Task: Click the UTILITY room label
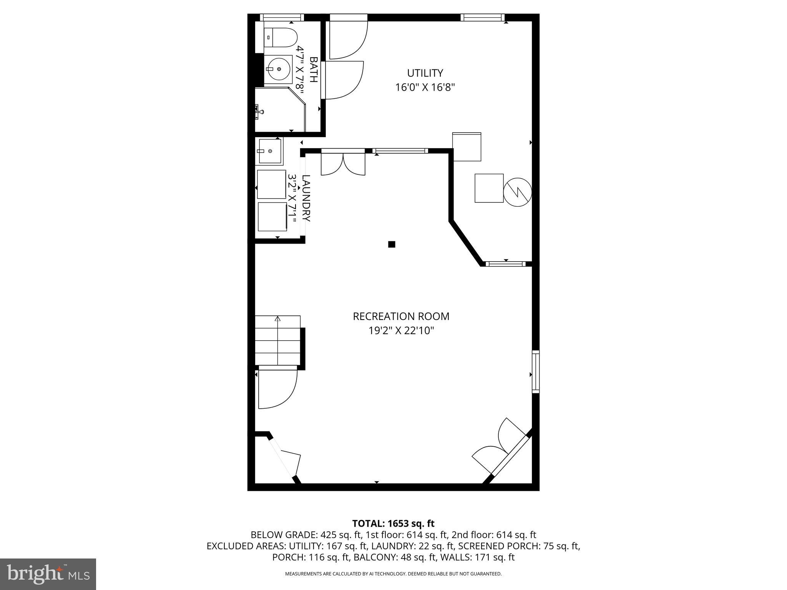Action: [x=425, y=73]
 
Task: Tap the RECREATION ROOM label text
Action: [x=401, y=316]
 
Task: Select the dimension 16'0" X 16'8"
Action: [x=425, y=88]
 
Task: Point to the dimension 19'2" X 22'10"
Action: [x=401, y=330]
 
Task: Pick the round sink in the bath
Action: [x=279, y=70]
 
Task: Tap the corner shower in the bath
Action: [x=279, y=109]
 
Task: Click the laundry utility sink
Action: [x=269, y=151]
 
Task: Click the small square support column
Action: [x=392, y=244]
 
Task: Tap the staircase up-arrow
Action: [x=277, y=319]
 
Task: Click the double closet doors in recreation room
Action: [x=343, y=164]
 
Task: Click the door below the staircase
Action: [x=277, y=388]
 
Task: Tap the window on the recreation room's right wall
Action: [x=535, y=371]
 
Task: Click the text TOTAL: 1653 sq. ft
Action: [x=393, y=523]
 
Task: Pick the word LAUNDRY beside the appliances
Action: [x=306, y=198]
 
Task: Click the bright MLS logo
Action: [x=48, y=574]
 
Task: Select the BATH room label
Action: [x=314, y=70]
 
